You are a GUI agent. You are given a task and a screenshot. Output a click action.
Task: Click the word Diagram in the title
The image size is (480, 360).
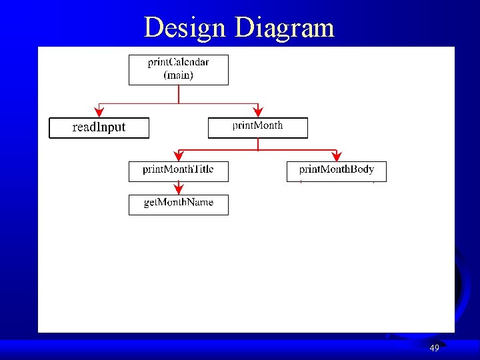click(284, 28)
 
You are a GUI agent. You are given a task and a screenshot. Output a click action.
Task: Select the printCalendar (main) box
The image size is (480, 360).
click(178, 69)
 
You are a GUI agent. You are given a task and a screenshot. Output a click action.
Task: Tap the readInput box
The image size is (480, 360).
click(99, 127)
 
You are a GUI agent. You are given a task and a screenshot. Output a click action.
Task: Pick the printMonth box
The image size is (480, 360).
click(257, 128)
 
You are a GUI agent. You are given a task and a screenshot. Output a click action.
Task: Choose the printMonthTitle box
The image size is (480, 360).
click(178, 171)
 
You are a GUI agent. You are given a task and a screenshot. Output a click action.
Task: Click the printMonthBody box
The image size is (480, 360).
click(337, 171)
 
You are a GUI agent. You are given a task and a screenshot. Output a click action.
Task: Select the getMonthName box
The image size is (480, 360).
click(178, 205)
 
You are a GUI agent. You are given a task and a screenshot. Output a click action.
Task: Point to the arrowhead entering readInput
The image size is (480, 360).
click(99, 113)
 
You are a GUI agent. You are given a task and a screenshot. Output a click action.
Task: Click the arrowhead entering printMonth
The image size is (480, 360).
click(258, 113)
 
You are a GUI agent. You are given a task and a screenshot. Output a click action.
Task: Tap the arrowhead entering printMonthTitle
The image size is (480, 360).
click(178, 157)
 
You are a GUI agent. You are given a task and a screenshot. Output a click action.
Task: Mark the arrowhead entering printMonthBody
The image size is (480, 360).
click(337, 157)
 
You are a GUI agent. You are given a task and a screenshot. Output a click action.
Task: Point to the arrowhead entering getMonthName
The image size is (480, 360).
click(178, 190)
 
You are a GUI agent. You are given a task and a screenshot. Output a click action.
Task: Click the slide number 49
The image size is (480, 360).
click(434, 348)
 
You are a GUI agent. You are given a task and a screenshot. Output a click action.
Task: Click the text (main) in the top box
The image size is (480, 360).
click(178, 75)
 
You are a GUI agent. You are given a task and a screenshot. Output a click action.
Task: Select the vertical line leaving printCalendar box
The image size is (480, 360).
click(178, 93)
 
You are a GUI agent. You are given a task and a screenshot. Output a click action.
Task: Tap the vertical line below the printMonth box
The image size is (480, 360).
click(258, 143)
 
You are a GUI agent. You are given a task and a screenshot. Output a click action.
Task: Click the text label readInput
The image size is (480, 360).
click(99, 127)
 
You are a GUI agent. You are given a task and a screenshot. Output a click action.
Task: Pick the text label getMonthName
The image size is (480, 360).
click(178, 203)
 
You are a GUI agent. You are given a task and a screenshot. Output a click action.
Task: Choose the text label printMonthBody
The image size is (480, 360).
click(337, 169)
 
